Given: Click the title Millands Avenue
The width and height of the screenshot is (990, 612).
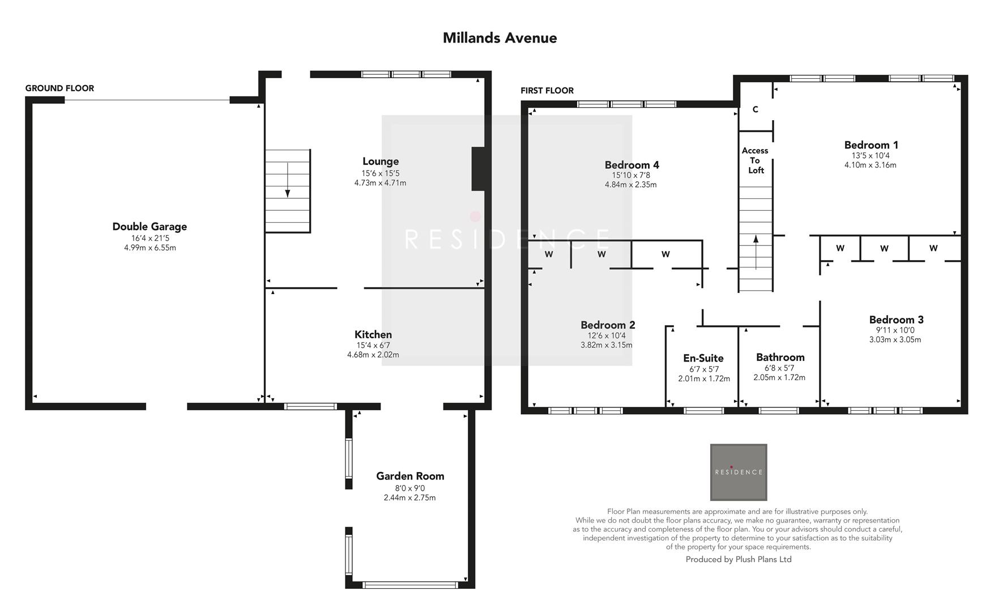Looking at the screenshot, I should (x=500, y=38).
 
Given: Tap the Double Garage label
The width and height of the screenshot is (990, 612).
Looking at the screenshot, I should (x=150, y=227).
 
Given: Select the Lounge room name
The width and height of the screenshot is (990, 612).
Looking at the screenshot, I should (x=381, y=161).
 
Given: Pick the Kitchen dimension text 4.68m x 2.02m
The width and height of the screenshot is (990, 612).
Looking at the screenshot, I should (x=373, y=355).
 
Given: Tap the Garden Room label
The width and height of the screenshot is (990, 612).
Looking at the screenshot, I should (x=410, y=476).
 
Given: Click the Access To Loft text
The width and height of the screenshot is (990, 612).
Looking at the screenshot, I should (x=756, y=160).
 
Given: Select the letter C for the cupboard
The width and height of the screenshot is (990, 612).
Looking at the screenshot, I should (x=755, y=109).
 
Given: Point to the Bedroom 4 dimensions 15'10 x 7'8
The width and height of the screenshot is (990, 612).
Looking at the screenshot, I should (x=631, y=175).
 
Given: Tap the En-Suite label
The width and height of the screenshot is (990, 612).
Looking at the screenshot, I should (x=703, y=358).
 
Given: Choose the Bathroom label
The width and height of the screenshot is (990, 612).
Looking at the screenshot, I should (x=780, y=357).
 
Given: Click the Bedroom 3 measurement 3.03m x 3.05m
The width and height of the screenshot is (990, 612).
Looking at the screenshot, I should (x=895, y=339).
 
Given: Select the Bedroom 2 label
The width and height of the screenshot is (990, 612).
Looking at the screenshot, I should (x=608, y=325).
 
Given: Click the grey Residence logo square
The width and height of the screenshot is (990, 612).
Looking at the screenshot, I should (x=739, y=472).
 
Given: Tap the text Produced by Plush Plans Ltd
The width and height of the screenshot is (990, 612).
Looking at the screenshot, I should (x=739, y=559).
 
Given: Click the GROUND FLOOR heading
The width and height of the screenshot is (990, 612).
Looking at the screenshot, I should (x=59, y=88).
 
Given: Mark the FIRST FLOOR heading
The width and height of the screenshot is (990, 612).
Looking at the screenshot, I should (x=547, y=91).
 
